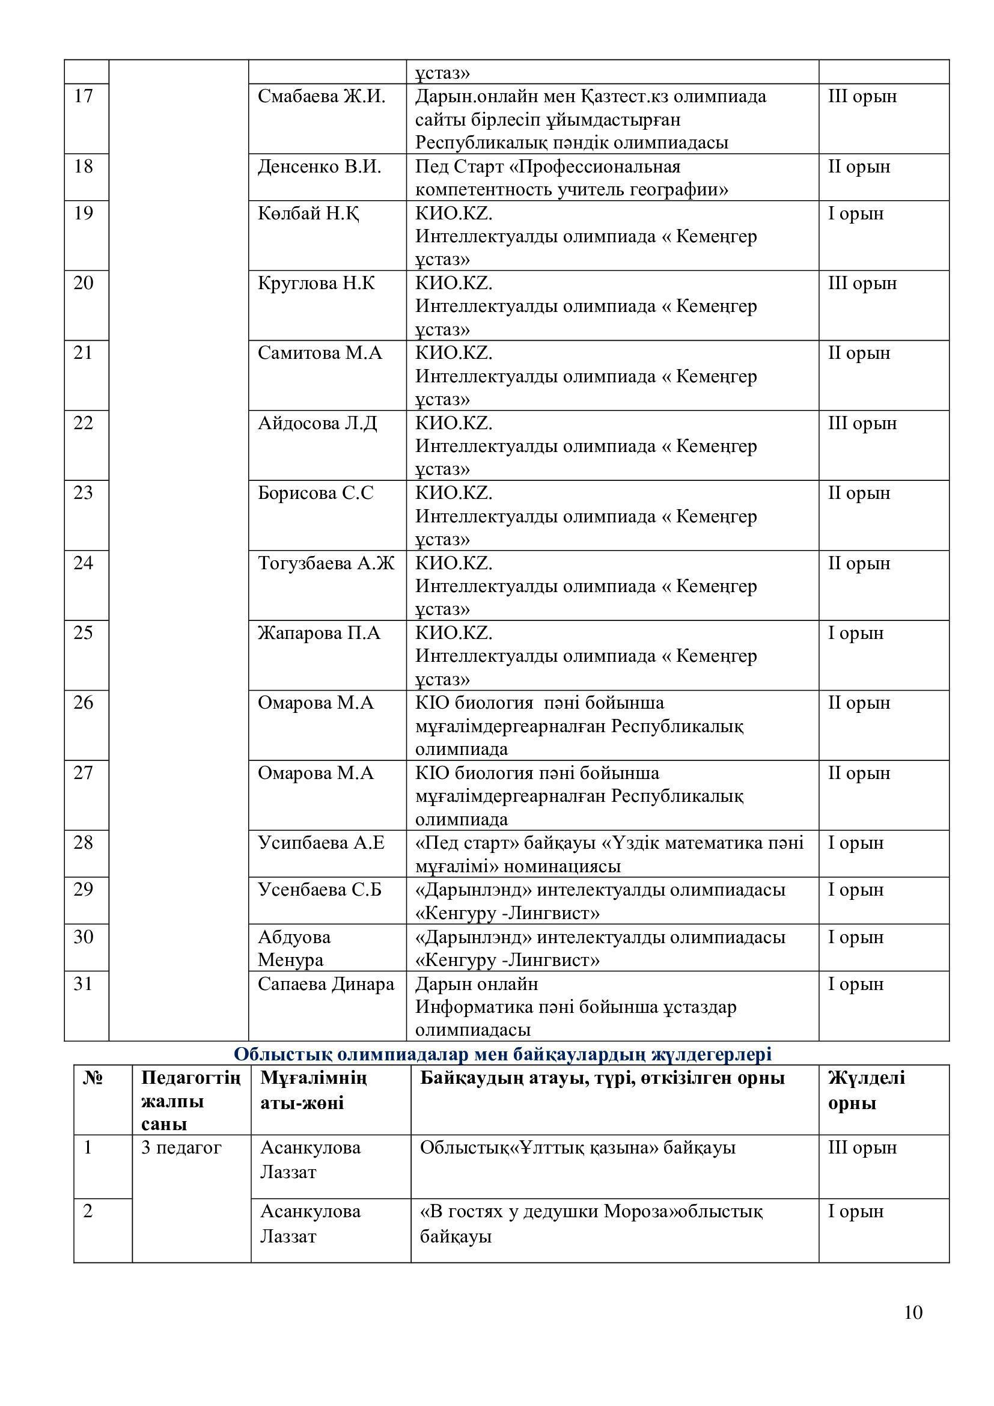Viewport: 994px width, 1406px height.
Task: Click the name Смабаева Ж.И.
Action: click(322, 97)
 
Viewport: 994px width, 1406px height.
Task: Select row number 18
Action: click(84, 167)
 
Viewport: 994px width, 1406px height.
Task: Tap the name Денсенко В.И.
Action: click(319, 167)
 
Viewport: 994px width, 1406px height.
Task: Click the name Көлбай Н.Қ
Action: click(308, 214)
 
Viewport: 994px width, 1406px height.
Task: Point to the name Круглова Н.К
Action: click(316, 284)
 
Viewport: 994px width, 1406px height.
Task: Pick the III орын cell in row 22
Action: click(862, 423)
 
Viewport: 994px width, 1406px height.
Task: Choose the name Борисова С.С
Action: click(316, 493)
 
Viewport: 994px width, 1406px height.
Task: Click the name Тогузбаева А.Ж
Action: click(326, 563)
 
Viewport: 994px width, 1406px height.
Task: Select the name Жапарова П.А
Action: click(319, 632)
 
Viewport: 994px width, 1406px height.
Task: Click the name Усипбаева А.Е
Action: click(321, 843)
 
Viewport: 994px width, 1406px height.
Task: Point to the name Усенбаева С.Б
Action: click(320, 889)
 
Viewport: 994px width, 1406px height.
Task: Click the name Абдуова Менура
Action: click(294, 948)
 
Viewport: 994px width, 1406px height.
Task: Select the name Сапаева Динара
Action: click(326, 984)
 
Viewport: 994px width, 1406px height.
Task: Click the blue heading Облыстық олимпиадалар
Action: click(502, 1054)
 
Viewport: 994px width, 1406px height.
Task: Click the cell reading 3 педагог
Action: click(180, 1148)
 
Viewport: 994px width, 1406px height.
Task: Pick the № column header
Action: click(93, 1078)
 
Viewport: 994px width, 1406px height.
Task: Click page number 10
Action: click(913, 1312)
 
